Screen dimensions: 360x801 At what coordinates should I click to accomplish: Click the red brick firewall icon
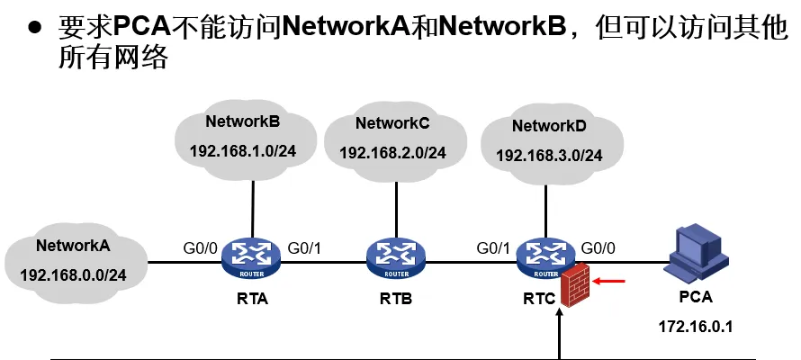[574, 286]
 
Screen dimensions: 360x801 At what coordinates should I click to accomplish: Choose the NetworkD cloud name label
[549, 126]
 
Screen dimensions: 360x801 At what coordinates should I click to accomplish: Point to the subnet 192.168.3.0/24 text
[549, 156]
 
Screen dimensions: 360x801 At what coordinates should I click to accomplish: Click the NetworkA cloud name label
[74, 245]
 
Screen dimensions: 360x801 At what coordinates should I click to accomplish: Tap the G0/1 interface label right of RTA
[306, 247]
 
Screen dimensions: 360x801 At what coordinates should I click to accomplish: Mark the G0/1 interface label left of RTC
[494, 247]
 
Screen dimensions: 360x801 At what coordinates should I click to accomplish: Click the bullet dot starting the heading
[35, 27]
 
